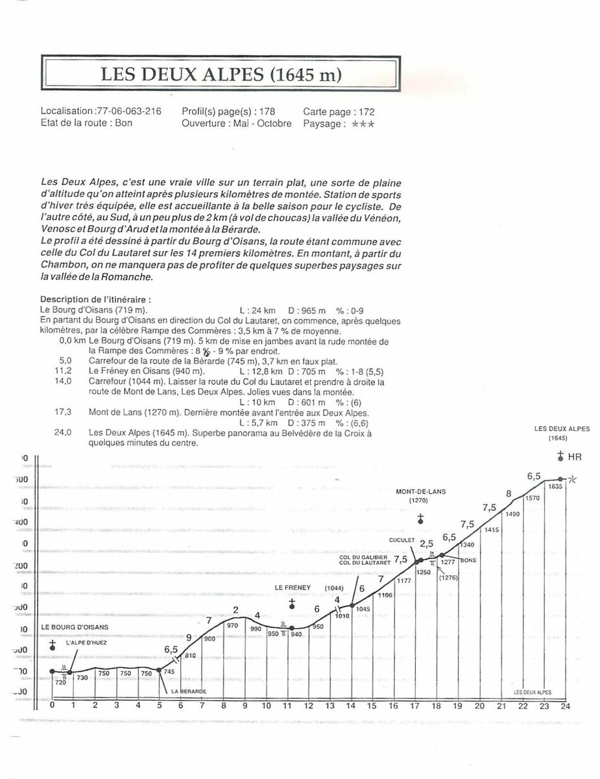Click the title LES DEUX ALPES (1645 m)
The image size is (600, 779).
click(x=221, y=73)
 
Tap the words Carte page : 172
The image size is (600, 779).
click(x=338, y=112)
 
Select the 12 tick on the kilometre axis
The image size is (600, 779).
click(x=309, y=706)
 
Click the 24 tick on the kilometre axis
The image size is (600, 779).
click(x=565, y=706)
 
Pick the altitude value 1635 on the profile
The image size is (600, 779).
click(x=555, y=486)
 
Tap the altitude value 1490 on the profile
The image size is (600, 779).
click(x=512, y=514)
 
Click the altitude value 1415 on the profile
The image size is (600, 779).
click(x=491, y=530)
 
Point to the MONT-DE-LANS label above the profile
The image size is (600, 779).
click(x=420, y=491)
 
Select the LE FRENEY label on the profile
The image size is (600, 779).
click(x=293, y=587)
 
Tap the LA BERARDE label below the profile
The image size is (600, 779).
click(x=189, y=691)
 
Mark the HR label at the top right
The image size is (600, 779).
click(x=575, y=457)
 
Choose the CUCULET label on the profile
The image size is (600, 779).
click(x=402, y=539)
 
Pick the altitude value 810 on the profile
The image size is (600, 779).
click(x=190, y=656)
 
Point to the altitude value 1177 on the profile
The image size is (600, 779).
click(x=404, y=580)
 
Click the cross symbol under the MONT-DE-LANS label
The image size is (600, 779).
click(x=420, y=518)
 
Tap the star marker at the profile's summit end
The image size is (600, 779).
click(x=571, y=480)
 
